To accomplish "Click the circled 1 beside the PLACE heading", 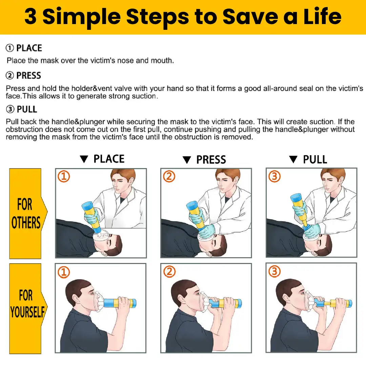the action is pyautogui.click(x=10, y=48).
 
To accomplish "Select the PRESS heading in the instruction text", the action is pyautogui.click(x=28, y=76).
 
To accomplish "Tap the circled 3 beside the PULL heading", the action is pyautogui.click(x=10, y=109).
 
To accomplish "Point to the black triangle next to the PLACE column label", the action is pyautogui.click(x=84, y=159).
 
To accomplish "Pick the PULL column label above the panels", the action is pyautogui.click(x=315, y=159).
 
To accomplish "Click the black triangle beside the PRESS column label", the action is pyautogui.click(x=187, y=160).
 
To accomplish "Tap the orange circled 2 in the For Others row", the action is pyautogui.click(x=169, y=177).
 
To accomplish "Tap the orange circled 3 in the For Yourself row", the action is pyautogui.click(x=274, y=271).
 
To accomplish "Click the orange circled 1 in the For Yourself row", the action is pyautogui.click(x=64, y=272).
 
